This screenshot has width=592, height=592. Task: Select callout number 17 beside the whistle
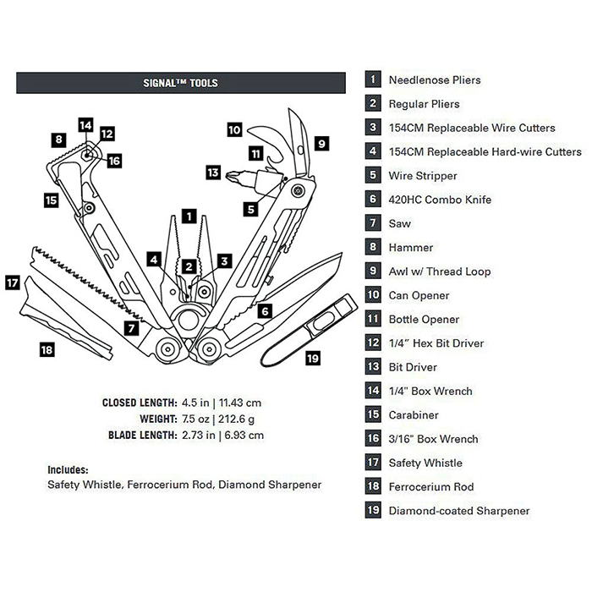[13, 282]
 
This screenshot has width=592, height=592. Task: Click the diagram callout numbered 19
[313, 359]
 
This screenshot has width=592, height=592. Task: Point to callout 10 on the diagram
[234, 130]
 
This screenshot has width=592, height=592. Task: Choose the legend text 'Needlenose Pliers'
[434, 80]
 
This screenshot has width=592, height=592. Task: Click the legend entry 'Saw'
[399, 224]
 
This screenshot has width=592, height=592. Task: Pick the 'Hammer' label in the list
[410, 248]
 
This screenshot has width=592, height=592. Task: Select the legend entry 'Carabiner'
[414, 415]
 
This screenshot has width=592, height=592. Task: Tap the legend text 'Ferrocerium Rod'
[430, 487]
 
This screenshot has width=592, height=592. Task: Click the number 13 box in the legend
[372, 367]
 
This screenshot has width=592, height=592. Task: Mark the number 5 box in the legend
[372, 176]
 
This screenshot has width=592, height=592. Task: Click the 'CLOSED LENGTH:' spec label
[139, 403]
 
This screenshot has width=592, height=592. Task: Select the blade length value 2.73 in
[196, 435]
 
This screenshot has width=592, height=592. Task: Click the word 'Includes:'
[68, 469]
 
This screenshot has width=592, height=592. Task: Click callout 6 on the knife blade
[265, 310]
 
